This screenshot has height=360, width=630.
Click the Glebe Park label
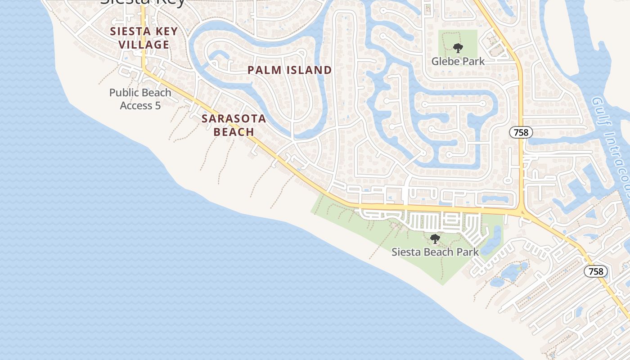458,61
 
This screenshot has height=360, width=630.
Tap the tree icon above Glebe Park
458,48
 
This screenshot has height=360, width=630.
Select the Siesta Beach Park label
435,252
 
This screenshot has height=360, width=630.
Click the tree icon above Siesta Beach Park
435,239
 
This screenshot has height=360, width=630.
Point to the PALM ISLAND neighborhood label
290,70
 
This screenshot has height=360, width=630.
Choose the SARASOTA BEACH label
234,125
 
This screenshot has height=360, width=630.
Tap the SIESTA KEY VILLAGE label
144,38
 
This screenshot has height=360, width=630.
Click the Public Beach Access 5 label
140,99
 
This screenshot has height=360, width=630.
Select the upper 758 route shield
521,132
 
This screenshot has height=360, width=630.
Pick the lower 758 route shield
596,271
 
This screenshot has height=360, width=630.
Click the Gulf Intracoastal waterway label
612,144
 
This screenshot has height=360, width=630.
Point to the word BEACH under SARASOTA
234,132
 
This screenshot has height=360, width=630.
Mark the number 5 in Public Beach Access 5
157,106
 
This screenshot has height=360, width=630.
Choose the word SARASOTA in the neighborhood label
234,119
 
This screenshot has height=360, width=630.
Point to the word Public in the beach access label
123,93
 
